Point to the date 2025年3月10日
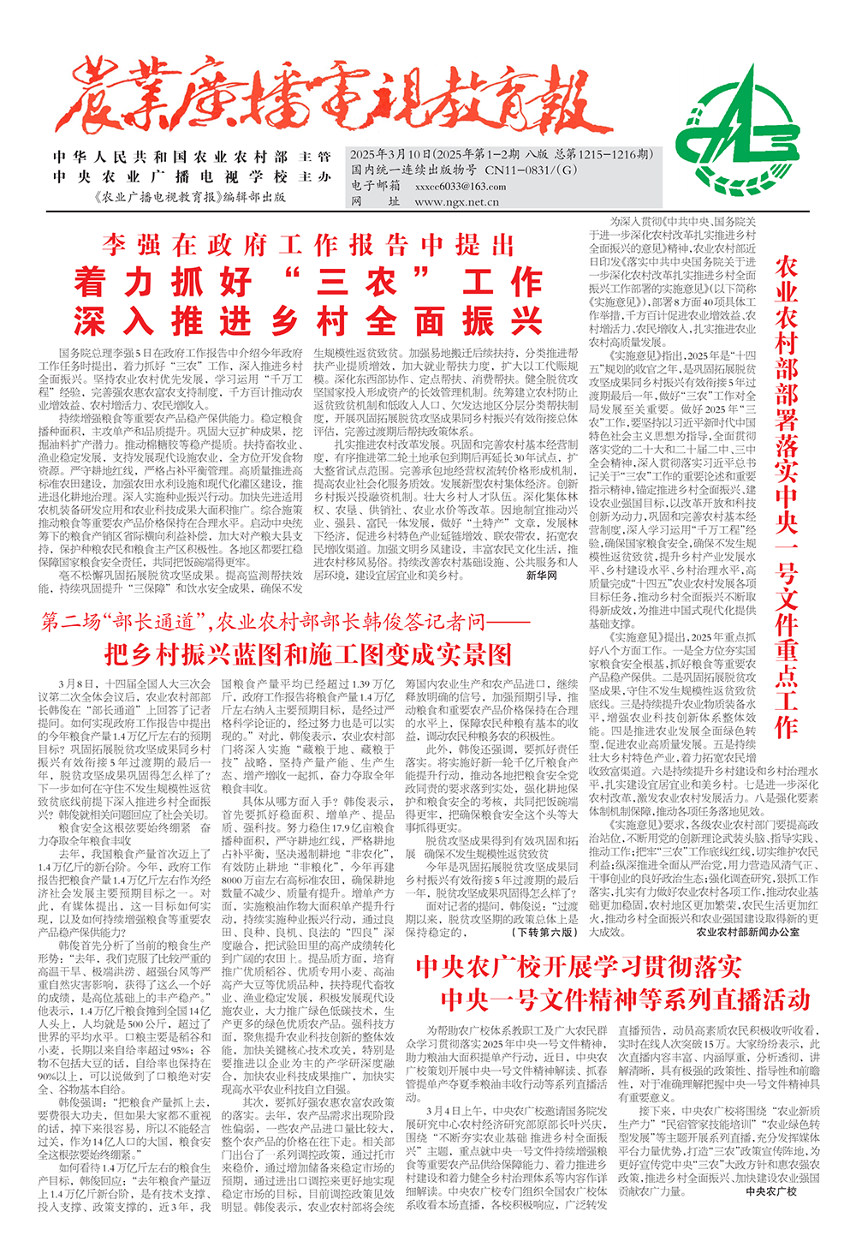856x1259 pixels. pyautogui.click(x=389, y=154)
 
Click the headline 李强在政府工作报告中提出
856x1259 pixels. pyautogui.click(x=308, y=246)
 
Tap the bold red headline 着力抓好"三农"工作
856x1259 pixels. pyautogui.click(x=308, y=282)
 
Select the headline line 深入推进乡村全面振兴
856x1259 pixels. pyautogui.click(x=308, y=321)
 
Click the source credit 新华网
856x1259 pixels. pyautogui.click(x=542, y=576)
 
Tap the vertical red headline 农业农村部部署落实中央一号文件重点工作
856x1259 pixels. pyautogui.click(x=786, y=497)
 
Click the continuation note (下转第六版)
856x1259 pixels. pyautogui.click(x=544, y=932)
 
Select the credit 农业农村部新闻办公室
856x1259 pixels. pyautogui.click(x=747, y=932)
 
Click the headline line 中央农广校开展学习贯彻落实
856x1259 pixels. pyautogui.click(x=578, y=967)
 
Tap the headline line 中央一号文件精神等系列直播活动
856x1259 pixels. pyautogui.click(x=625, y=999)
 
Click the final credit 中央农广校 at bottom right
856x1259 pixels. pyautogui.click(x=770, y=1190)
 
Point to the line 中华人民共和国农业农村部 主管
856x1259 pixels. pyautogui.click(x=192, y=158)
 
